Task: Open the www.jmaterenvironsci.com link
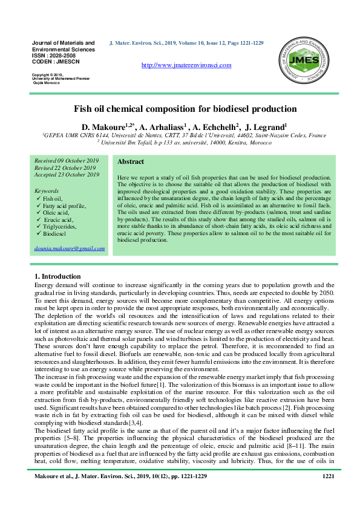click(186, 65)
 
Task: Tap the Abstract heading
click(130, 162)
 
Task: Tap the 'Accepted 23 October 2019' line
click(67, 175)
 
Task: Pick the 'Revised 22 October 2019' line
click(66, 167)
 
